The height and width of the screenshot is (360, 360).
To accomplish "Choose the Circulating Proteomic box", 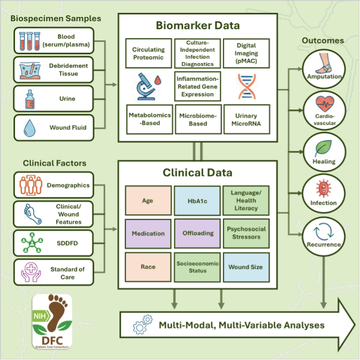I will (x=148, y=54).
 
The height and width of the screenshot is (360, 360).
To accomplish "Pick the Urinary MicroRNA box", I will (x=246, y=119).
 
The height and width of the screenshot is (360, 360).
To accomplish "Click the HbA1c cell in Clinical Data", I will (x=197, y=201).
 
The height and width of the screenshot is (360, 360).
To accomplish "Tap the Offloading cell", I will (x=197, y=233).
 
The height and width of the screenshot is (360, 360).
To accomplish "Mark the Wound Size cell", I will (x=246, y=267).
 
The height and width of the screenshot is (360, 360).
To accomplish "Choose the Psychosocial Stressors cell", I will (x=246, y=233).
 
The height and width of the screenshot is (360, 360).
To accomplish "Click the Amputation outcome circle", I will (x=324, y=69).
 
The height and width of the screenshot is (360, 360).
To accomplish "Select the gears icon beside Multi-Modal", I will (x=140, y=326).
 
